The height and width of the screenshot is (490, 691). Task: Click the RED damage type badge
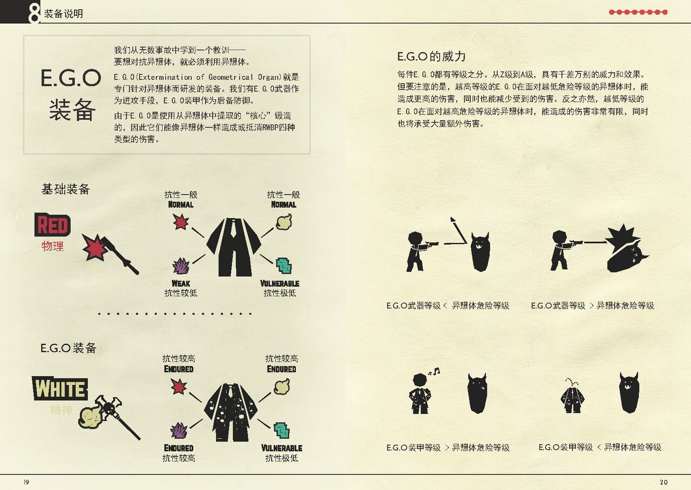click(x=52, y=224)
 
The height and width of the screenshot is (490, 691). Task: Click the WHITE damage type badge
click(x=60, y=389)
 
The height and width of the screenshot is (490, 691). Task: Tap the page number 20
click(x=663, y=482)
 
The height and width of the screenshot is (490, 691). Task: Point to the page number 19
click(x=26, y=482)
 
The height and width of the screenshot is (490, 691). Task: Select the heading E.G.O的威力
click(x=431, y=57)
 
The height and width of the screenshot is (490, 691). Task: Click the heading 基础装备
click(x=65, y=189)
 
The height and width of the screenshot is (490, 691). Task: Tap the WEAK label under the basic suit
click(x=181, y=283)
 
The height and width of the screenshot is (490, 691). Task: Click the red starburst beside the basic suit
click(x=181, y=222)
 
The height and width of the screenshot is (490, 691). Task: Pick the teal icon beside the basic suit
click(x=284, y=266)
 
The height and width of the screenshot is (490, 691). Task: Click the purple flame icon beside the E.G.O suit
click(x=179, y=431)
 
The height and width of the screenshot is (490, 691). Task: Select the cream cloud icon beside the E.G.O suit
click(x=282, y=387)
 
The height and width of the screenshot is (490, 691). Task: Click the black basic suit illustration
click(x=234, y=247)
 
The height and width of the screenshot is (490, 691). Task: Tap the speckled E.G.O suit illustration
click(x=231, y=412)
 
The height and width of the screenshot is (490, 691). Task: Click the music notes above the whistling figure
click(x=434, y=371)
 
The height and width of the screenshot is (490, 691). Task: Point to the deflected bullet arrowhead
click(x=453, y=220)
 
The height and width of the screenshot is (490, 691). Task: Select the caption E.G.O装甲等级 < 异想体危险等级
click(x=600, y=447)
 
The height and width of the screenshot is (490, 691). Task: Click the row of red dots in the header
click(x=638, y=12)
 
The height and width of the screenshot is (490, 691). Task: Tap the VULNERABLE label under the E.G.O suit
click(x=282, y=448)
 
